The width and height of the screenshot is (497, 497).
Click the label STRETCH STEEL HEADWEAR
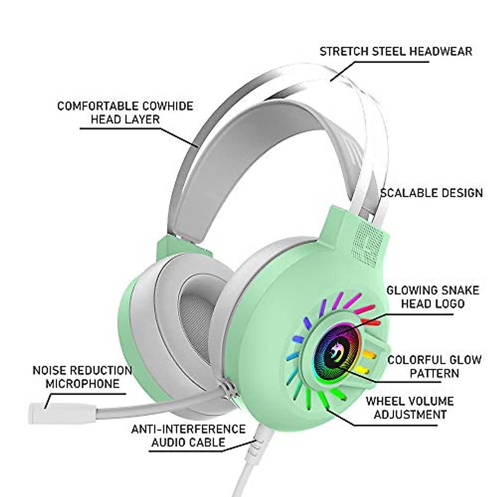(x=396, y=51)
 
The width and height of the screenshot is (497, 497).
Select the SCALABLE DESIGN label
(x=431, y=193)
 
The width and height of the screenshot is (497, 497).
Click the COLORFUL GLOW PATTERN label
(x=434, y=366)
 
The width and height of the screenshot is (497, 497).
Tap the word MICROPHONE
(x=82, y=383)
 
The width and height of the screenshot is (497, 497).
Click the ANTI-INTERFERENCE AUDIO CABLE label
(x=188, y=435)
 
